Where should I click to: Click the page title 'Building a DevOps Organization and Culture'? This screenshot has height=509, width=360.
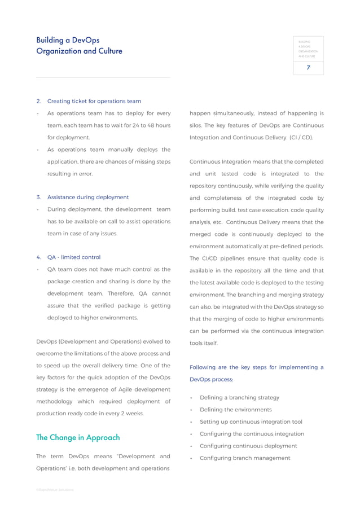[x=79, y=46]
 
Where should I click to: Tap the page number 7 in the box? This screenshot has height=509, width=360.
[x=308, y=67]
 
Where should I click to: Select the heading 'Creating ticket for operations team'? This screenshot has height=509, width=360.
[x=94, y=102]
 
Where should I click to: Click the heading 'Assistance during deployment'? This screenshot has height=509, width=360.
[x=88, y=198]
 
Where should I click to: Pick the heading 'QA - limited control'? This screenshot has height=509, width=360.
[x=74, y=257]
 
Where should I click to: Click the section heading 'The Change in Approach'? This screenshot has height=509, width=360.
[x=78, y=437]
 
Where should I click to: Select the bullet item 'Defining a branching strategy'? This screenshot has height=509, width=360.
[x=239, y=398]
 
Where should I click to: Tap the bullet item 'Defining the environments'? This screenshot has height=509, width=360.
[x=235, y=410]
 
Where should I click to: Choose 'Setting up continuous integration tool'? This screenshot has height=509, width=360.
[x=251, y=422]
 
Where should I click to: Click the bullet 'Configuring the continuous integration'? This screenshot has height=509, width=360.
[x=252, y=434]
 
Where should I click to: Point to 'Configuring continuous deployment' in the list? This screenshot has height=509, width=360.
[x=248, y=446]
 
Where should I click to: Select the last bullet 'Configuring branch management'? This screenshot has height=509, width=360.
[x=245, y=458]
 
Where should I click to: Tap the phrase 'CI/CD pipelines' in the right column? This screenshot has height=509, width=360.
[x=222, y=258]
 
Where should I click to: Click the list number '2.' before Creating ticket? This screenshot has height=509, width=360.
[x=39, y=102]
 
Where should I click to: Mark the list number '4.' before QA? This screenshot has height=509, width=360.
[x=39, y=257]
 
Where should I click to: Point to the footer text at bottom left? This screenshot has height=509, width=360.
[x=55, y=490]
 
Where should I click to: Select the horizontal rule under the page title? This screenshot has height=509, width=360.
[x=103, y=77]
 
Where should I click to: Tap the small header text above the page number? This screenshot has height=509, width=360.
[x=308, y=49]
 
